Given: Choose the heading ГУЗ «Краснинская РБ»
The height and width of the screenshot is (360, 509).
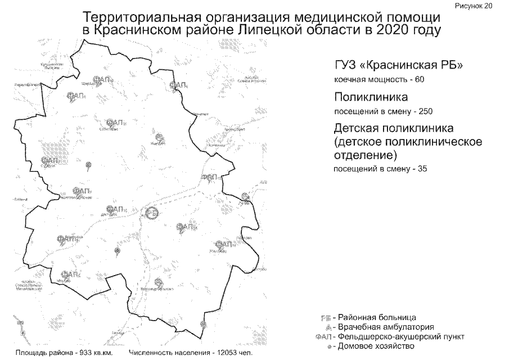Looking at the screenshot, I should click(x=398, y=65).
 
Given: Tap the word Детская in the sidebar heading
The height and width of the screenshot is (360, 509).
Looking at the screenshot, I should click(x=357, y=128).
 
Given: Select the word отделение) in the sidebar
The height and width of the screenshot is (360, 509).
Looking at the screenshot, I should click(x=364, y=154).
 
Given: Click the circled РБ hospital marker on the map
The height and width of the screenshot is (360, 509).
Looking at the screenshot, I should click(x=151, y=213).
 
